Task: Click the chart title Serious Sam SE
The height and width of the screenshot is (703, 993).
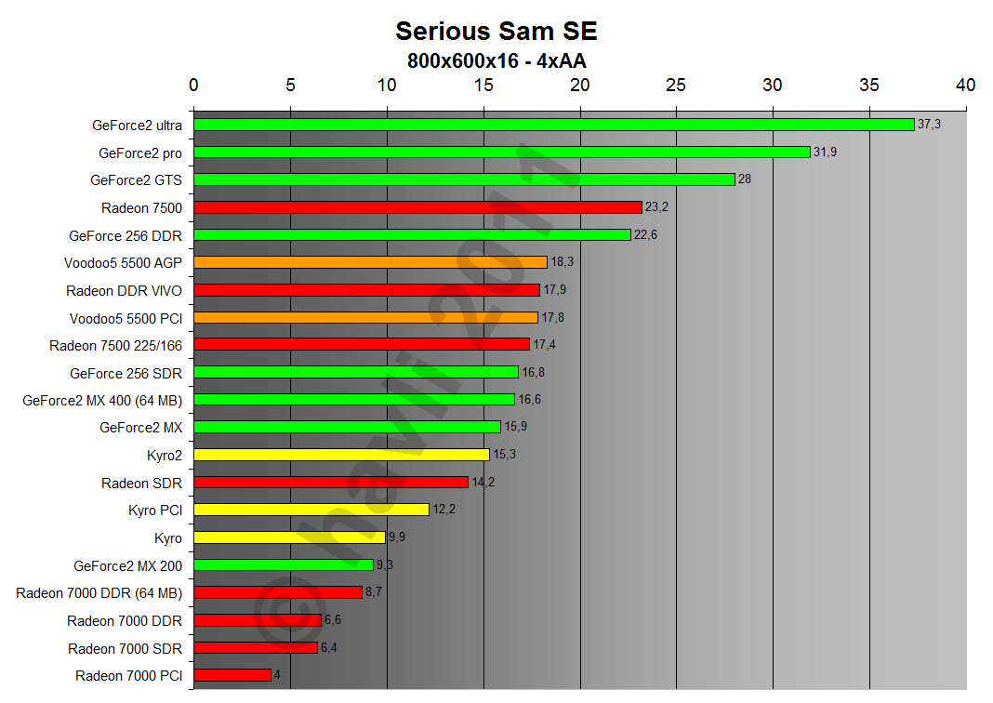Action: tap(496, 31)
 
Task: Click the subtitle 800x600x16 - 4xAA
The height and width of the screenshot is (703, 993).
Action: tap(496, 60)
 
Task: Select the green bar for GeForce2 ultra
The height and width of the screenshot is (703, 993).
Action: tap(553, 125)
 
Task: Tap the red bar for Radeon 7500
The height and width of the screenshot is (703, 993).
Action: tap(417, 207)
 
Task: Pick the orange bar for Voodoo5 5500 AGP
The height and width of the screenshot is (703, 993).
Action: tap(370, 262)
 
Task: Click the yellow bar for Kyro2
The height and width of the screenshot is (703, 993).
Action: tap(341, 455)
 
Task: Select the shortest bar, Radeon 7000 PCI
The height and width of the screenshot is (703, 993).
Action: tap(232, 675)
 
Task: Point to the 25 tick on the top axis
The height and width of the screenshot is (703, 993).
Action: tap(676, 85)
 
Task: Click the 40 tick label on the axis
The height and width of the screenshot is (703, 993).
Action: tap(965, 85)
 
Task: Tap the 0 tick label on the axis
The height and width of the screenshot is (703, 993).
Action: tap(193, 85)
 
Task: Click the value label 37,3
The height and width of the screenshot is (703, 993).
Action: tap(929, 125)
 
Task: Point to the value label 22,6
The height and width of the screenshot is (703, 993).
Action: tap(646, 235)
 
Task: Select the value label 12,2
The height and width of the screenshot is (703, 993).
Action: tap(444, 510)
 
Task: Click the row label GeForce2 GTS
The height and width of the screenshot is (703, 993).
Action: tap(136, 179)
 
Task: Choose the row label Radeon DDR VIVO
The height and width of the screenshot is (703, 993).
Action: tap(124, 290)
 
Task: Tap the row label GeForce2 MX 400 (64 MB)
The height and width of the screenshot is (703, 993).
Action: tap(102, 400)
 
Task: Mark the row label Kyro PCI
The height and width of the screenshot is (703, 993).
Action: tap(155, 510)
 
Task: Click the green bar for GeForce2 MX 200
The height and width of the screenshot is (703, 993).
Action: tap(284, 564)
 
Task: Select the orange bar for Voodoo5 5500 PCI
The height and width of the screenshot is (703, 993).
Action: tap(365, 317)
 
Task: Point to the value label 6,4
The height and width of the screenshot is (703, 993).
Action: tap(329, 648)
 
